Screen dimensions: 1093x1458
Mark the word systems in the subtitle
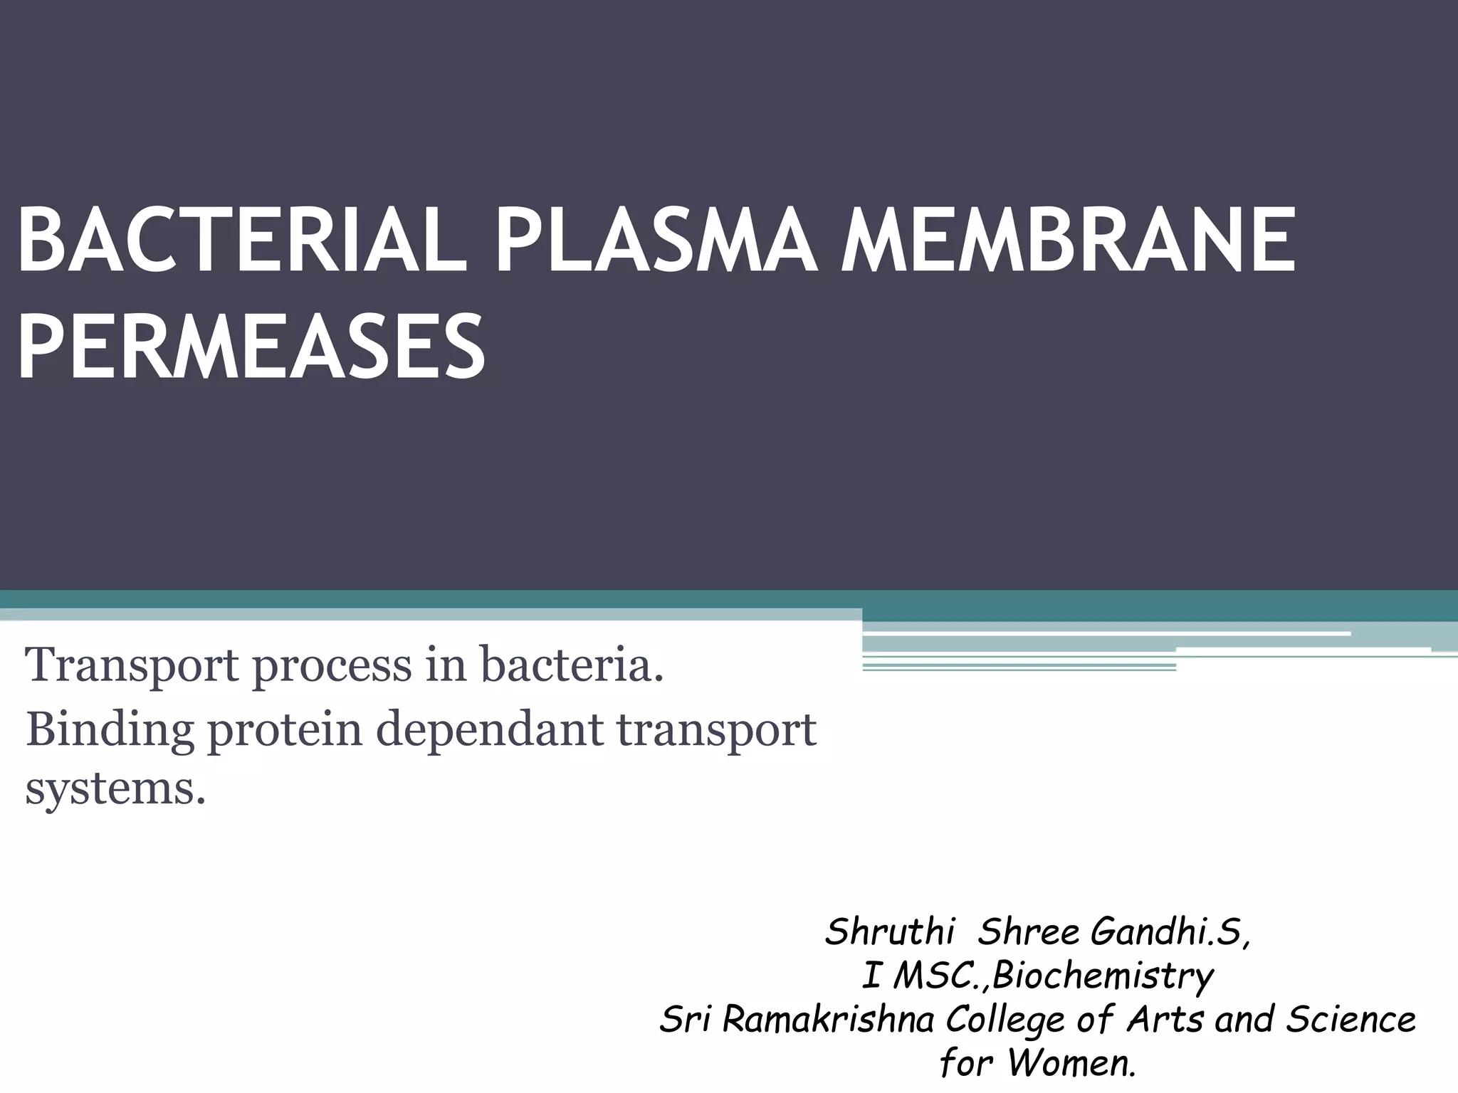[114, 788]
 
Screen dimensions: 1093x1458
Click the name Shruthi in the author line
[888, 932]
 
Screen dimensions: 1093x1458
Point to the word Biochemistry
[1103, 976]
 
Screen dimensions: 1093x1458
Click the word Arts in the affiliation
[1165, 1019]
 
